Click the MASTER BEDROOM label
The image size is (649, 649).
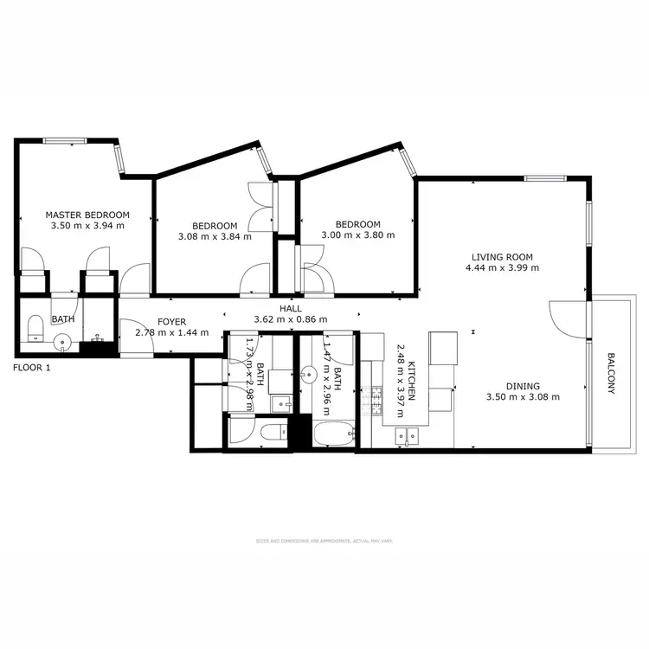coord(87,215)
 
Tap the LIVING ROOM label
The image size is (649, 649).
coord(502,257)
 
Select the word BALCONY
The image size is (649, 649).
coord(611,373)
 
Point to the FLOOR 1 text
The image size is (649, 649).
coord(32,368)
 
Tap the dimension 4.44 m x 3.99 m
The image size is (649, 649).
coord(502,268)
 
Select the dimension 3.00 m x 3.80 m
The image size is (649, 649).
coord(357,235)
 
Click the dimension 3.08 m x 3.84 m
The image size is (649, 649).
coord(215,235)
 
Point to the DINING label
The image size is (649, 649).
coord(524,387)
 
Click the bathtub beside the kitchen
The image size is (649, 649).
coord(332,434)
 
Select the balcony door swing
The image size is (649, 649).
coord(567,320)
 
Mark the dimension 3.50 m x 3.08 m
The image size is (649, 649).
coord(524,398)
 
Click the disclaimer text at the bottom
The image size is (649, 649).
coord(324,540)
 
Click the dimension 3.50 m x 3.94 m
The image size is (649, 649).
coord(87,226)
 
